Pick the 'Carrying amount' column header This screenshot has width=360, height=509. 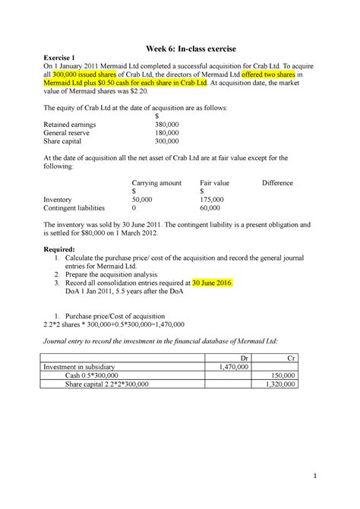(157, 183)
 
